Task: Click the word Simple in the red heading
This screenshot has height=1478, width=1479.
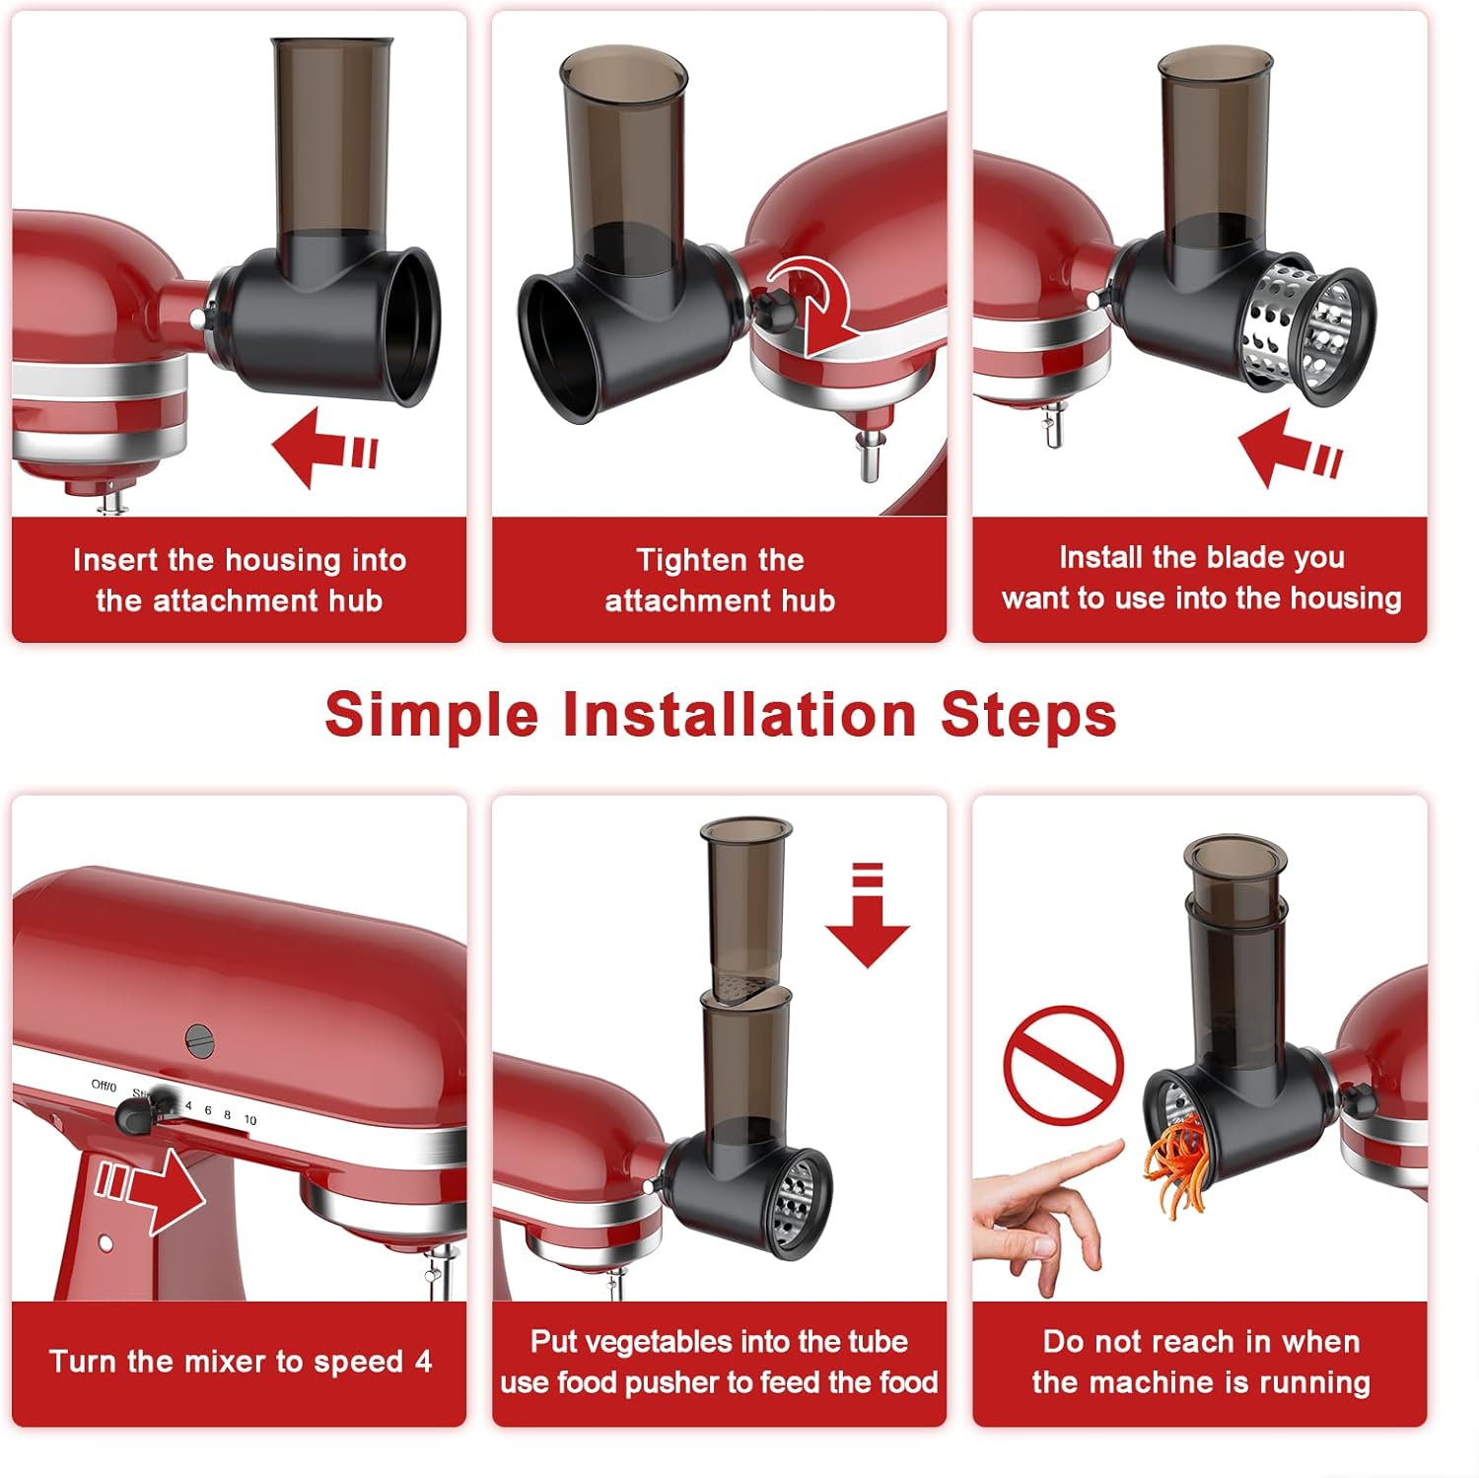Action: [x=432, y=717]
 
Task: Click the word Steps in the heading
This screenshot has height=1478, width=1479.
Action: [x=1028, y=717]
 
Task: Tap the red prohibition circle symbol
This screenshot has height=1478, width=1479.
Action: [x=1063, y=1065]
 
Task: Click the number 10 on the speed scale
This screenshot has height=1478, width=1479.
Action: [x=250, y=1120]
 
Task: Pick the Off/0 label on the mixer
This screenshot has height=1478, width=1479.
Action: [x=104, y=1086]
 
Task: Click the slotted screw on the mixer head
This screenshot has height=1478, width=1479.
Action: [x=200, y=1041]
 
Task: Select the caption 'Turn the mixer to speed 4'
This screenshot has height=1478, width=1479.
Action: [x=241, y=1362]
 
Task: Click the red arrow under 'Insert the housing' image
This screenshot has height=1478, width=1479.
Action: [x=322, y=449]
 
